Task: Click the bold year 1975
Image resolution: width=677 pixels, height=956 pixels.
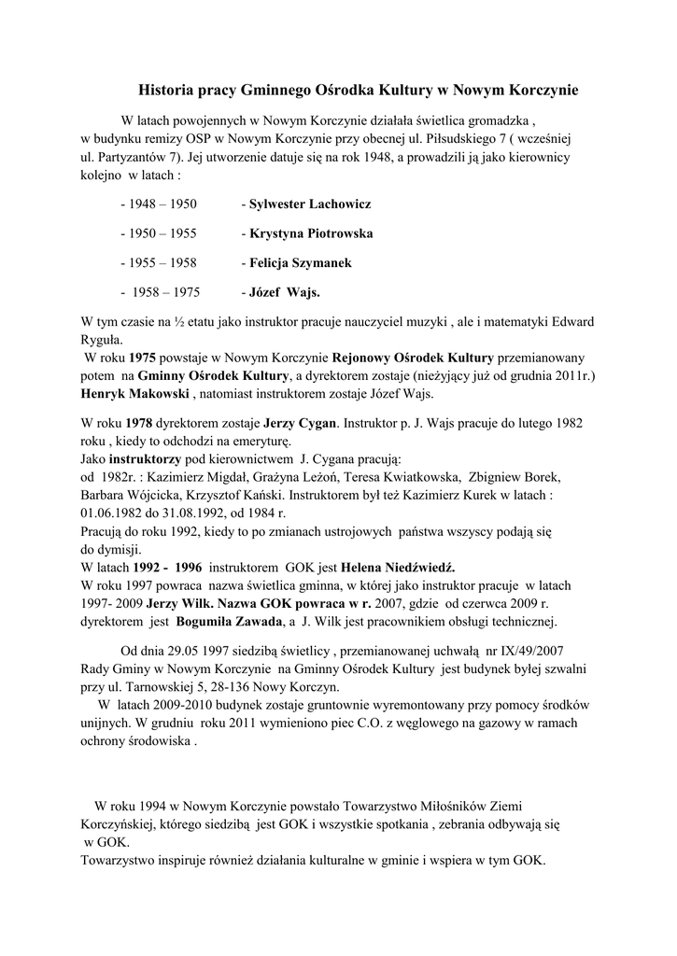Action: point(142,358)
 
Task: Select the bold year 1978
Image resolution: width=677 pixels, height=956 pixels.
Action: point(142,423)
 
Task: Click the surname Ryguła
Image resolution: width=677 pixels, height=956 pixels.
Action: point(103,341)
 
